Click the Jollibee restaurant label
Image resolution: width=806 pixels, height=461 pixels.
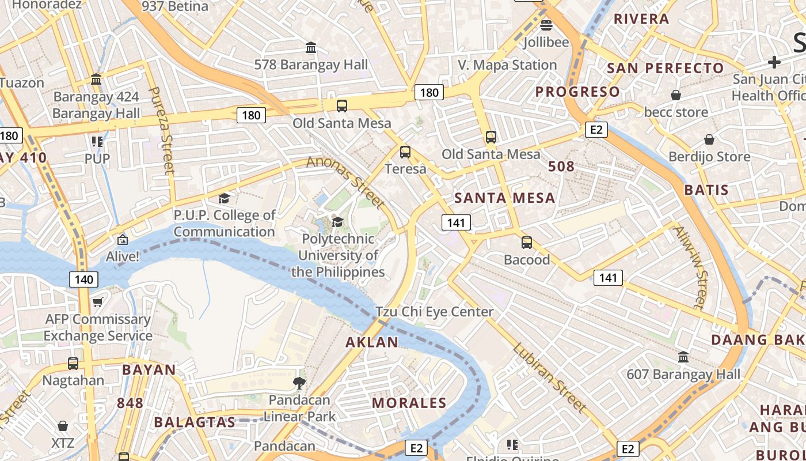point(546,42)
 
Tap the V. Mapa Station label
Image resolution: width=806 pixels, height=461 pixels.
point(507,65)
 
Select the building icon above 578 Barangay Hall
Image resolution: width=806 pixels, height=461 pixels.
point(311,47)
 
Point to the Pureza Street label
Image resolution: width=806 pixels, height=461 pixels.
point(161,130)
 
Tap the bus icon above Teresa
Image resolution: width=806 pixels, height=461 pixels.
point(405,152)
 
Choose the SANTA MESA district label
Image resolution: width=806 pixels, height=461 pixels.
point(505,198)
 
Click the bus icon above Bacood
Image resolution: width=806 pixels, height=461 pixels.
point(527,243)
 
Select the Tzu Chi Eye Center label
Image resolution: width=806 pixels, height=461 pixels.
point(435,312)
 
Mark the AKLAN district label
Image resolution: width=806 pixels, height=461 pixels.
point(372,342)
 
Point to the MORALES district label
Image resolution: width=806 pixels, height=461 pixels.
point(409,403)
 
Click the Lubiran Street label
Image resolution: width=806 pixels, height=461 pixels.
point(549,377)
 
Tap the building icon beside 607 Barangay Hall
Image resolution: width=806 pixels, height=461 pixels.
point(683,357)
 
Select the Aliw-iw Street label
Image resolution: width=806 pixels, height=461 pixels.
point(689,267)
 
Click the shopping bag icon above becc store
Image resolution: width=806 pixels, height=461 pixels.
point(676,95)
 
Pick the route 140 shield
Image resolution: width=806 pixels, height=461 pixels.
point(83,280)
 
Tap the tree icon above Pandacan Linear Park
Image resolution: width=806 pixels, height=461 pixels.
point(299,383)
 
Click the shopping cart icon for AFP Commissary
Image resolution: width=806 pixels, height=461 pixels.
point(98,302)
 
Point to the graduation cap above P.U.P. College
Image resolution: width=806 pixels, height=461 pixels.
point(224,199)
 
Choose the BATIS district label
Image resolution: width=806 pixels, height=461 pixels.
point(706,190)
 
